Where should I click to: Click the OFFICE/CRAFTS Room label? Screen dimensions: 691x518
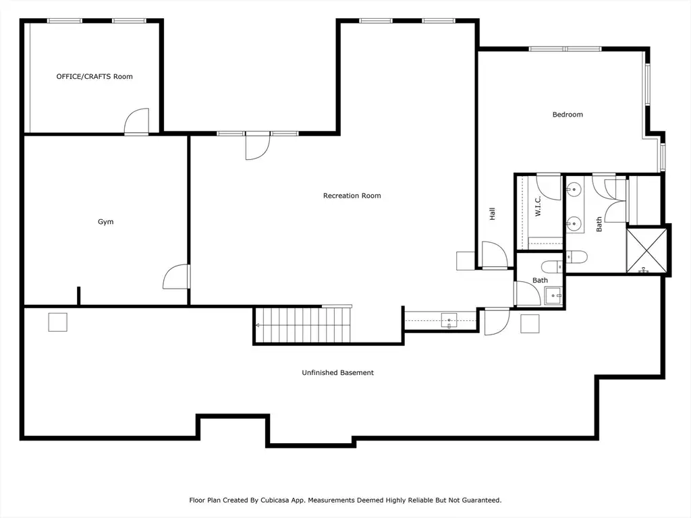(94, 77)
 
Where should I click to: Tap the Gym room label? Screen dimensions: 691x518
(106, 221)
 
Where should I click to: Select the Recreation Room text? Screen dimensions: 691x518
(352, 196)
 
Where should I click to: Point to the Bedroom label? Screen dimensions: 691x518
(568, 115)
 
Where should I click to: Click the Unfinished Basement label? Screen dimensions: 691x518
(337, 372)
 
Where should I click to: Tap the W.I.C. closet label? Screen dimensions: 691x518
(538, 206)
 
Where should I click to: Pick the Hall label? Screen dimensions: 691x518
(492, 214)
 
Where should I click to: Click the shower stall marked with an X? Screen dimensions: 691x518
(646, 250)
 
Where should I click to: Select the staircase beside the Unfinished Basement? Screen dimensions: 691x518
(303, 325)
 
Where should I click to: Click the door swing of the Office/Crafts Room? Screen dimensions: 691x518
(136, 121)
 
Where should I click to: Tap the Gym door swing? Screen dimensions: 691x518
(176, 277)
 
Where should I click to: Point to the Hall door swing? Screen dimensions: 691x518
(495, 254)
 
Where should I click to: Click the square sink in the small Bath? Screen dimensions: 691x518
(553, 295)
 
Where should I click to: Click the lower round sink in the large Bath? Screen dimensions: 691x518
(574, 223)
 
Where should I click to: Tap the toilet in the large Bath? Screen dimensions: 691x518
(576, 257)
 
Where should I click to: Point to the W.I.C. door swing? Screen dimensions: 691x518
(548, 187)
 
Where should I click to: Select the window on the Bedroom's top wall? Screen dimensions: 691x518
(565, 49)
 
